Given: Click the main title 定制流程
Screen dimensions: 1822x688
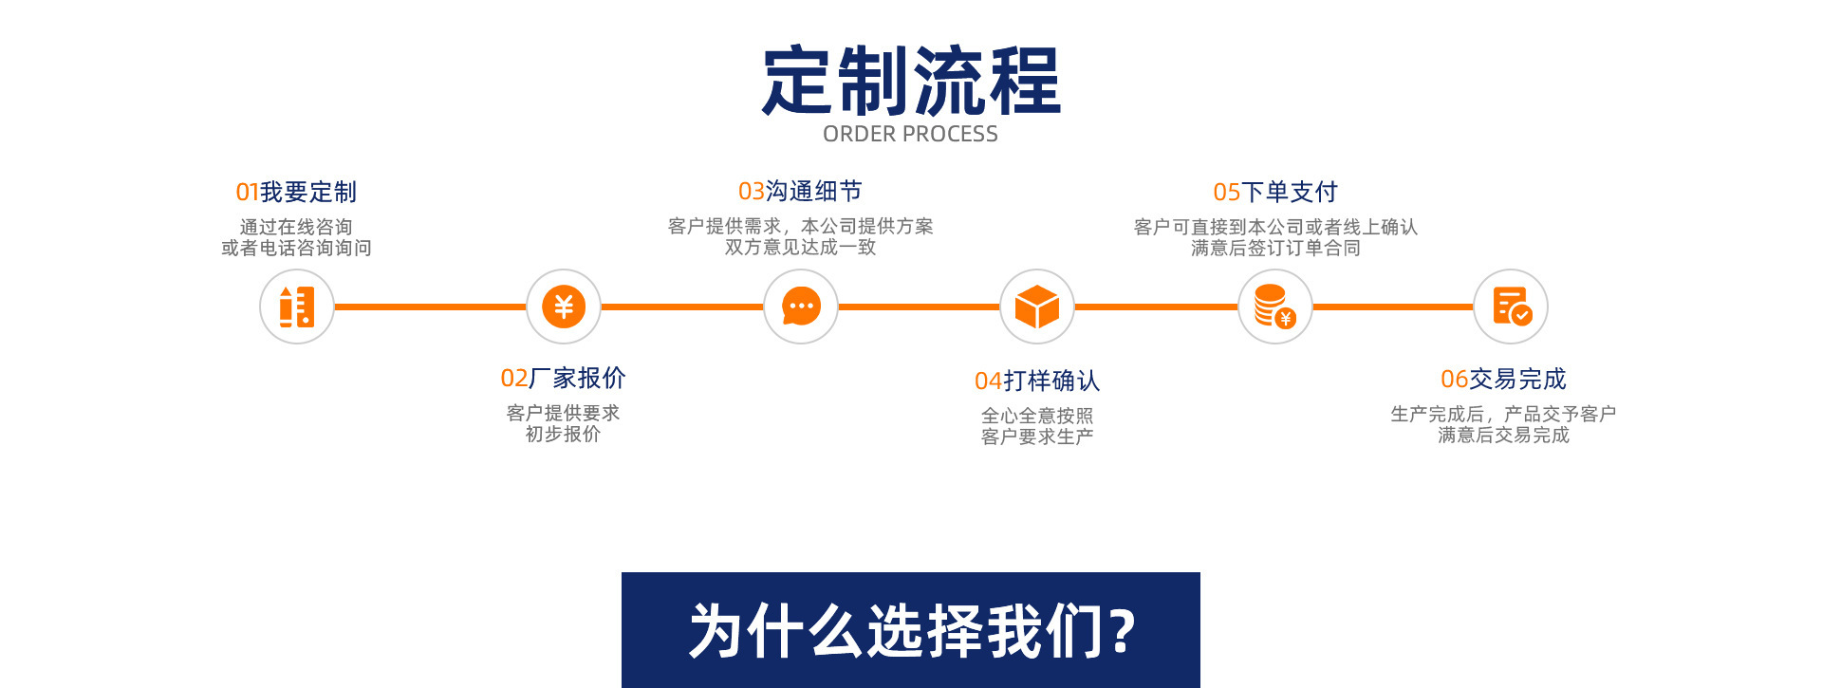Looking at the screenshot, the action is pyautogui.click(x=911, y=82).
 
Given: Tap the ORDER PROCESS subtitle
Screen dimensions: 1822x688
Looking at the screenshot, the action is pyautogui.click(x=910, y=135).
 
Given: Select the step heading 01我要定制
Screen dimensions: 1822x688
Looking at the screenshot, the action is pyautogui.click(x=296, y=193).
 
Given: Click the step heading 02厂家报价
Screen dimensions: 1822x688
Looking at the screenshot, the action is pyautogui.click(x=563, y=379).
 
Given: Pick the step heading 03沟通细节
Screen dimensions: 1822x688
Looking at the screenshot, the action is pyautogui.click(x=800, y=192).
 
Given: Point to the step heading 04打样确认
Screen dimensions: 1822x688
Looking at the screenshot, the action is pyautogui.click(x=1037, y=381).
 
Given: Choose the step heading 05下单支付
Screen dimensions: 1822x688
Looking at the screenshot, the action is pyautogui.click(x=1275, y=193).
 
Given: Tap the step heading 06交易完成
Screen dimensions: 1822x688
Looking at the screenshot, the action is pyautogui.click(x=1503, y=380).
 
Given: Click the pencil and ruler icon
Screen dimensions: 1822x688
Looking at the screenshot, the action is pyautogui.click(x=297, y=307).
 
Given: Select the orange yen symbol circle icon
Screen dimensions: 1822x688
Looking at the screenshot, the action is pyautogui.click(x=564, y=307).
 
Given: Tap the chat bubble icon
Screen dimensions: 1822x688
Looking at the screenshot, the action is pyautogui.click(x=801, y=307).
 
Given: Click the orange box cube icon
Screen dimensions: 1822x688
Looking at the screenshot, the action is pyautogui.click(x=1037, y=307).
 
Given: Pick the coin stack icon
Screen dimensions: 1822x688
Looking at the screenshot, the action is pyautogui.click(x=1274, y=307).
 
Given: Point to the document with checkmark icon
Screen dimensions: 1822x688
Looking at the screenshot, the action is pyautogui.click(x=1511, y=307).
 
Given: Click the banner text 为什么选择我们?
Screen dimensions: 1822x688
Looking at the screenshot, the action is pyautogui.click(x=911, y=631).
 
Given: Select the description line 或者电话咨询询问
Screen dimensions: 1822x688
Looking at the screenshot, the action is pyautogui.click(x=296, y=249).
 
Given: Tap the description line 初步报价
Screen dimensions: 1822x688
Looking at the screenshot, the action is pyautogui.click(x=563, y=435).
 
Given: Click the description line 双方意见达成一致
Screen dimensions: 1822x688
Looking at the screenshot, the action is pyautogui.click(x=800, y=248).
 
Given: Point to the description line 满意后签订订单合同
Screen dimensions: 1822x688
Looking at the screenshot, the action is pyautogui.click(x=1275, y=249).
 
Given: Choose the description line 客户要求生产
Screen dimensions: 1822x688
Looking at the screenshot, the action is pyautogui.click(x=1037, y=437).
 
